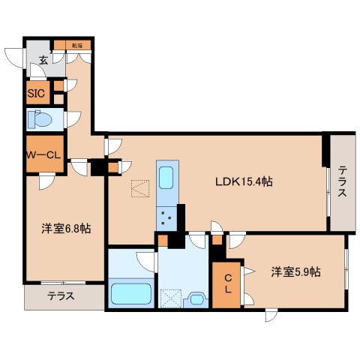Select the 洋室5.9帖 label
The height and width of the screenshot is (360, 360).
(x=295, y=272)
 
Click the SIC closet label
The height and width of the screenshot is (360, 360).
(x=36, y=94)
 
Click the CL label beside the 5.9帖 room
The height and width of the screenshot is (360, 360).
(x=226, y=283)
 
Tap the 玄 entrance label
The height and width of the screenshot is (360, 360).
(x=44, y=61)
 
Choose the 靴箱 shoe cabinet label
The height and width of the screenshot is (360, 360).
(x=76, y=46)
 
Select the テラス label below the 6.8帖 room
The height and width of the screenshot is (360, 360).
(x=61, y=295)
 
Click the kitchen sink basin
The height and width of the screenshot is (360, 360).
(x=166, y=178)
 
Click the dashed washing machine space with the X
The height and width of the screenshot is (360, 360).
(x=171, y=298)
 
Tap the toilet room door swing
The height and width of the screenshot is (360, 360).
(x=73, y=118)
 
